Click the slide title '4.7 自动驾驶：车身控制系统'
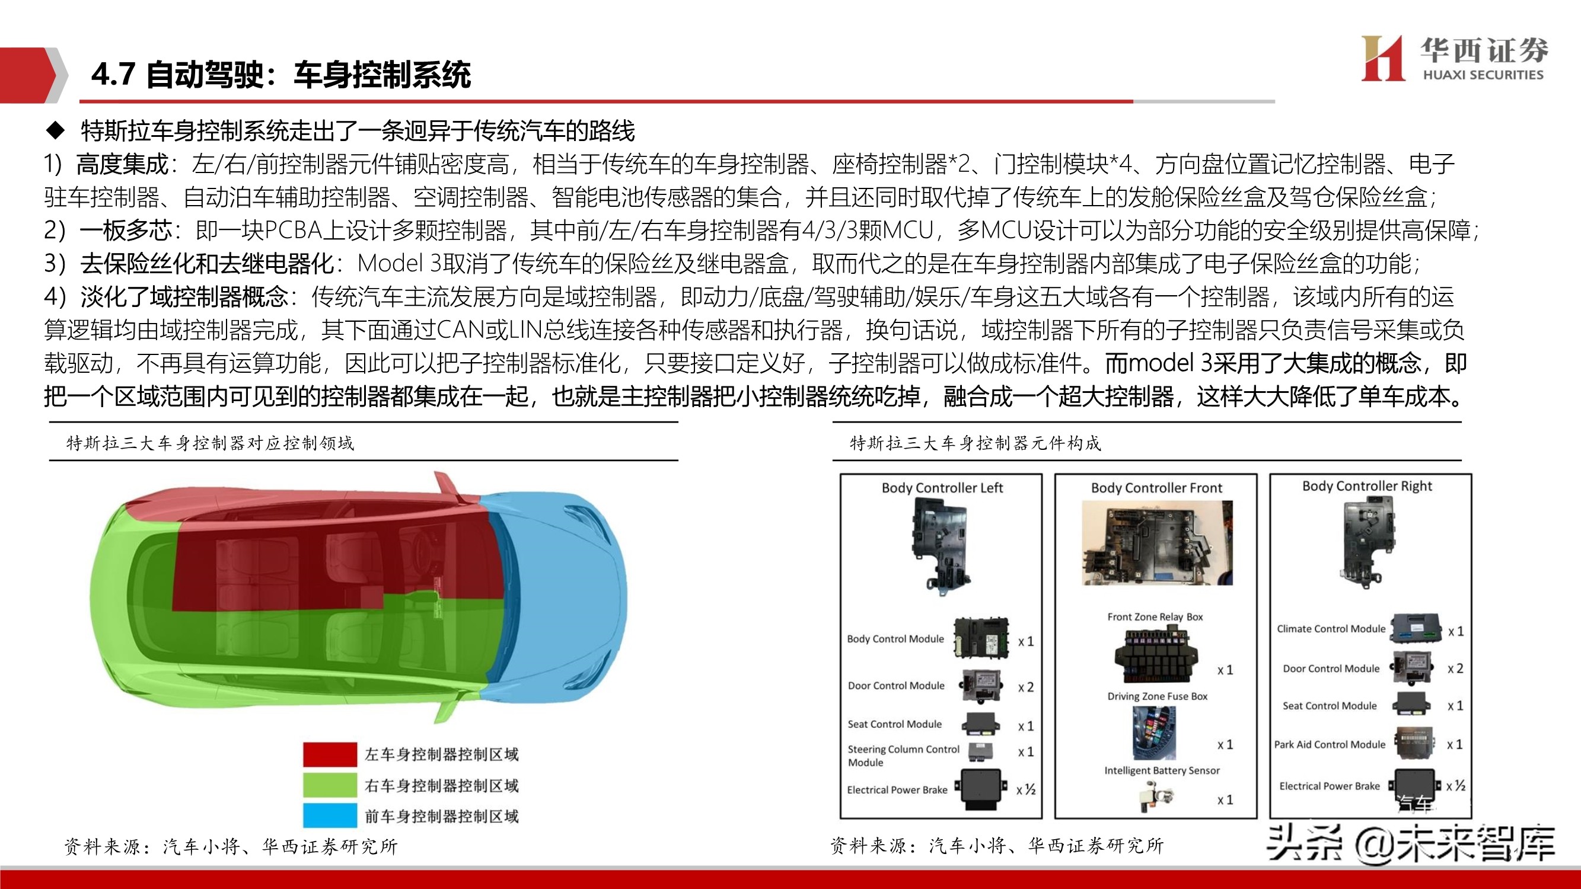(281, 75)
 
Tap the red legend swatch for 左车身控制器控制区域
(330, 754)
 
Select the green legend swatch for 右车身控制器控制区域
(330, 785)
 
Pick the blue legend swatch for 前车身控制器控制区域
(330, 816)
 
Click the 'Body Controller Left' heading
(942, 488)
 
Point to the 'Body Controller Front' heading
(1156, 488)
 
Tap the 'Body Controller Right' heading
(1367, 486)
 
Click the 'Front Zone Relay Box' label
(1155, 616)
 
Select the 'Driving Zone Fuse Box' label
(1157, 696)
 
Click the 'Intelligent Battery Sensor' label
(1162, 770)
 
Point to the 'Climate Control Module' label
(1331, 629)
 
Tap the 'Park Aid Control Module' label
(1330, 745)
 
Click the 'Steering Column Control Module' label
(903, 756)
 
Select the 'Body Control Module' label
(895, 639)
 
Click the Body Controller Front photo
(1157, 543)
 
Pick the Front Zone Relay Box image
(1155, 654)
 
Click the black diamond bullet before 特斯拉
(56, 130)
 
